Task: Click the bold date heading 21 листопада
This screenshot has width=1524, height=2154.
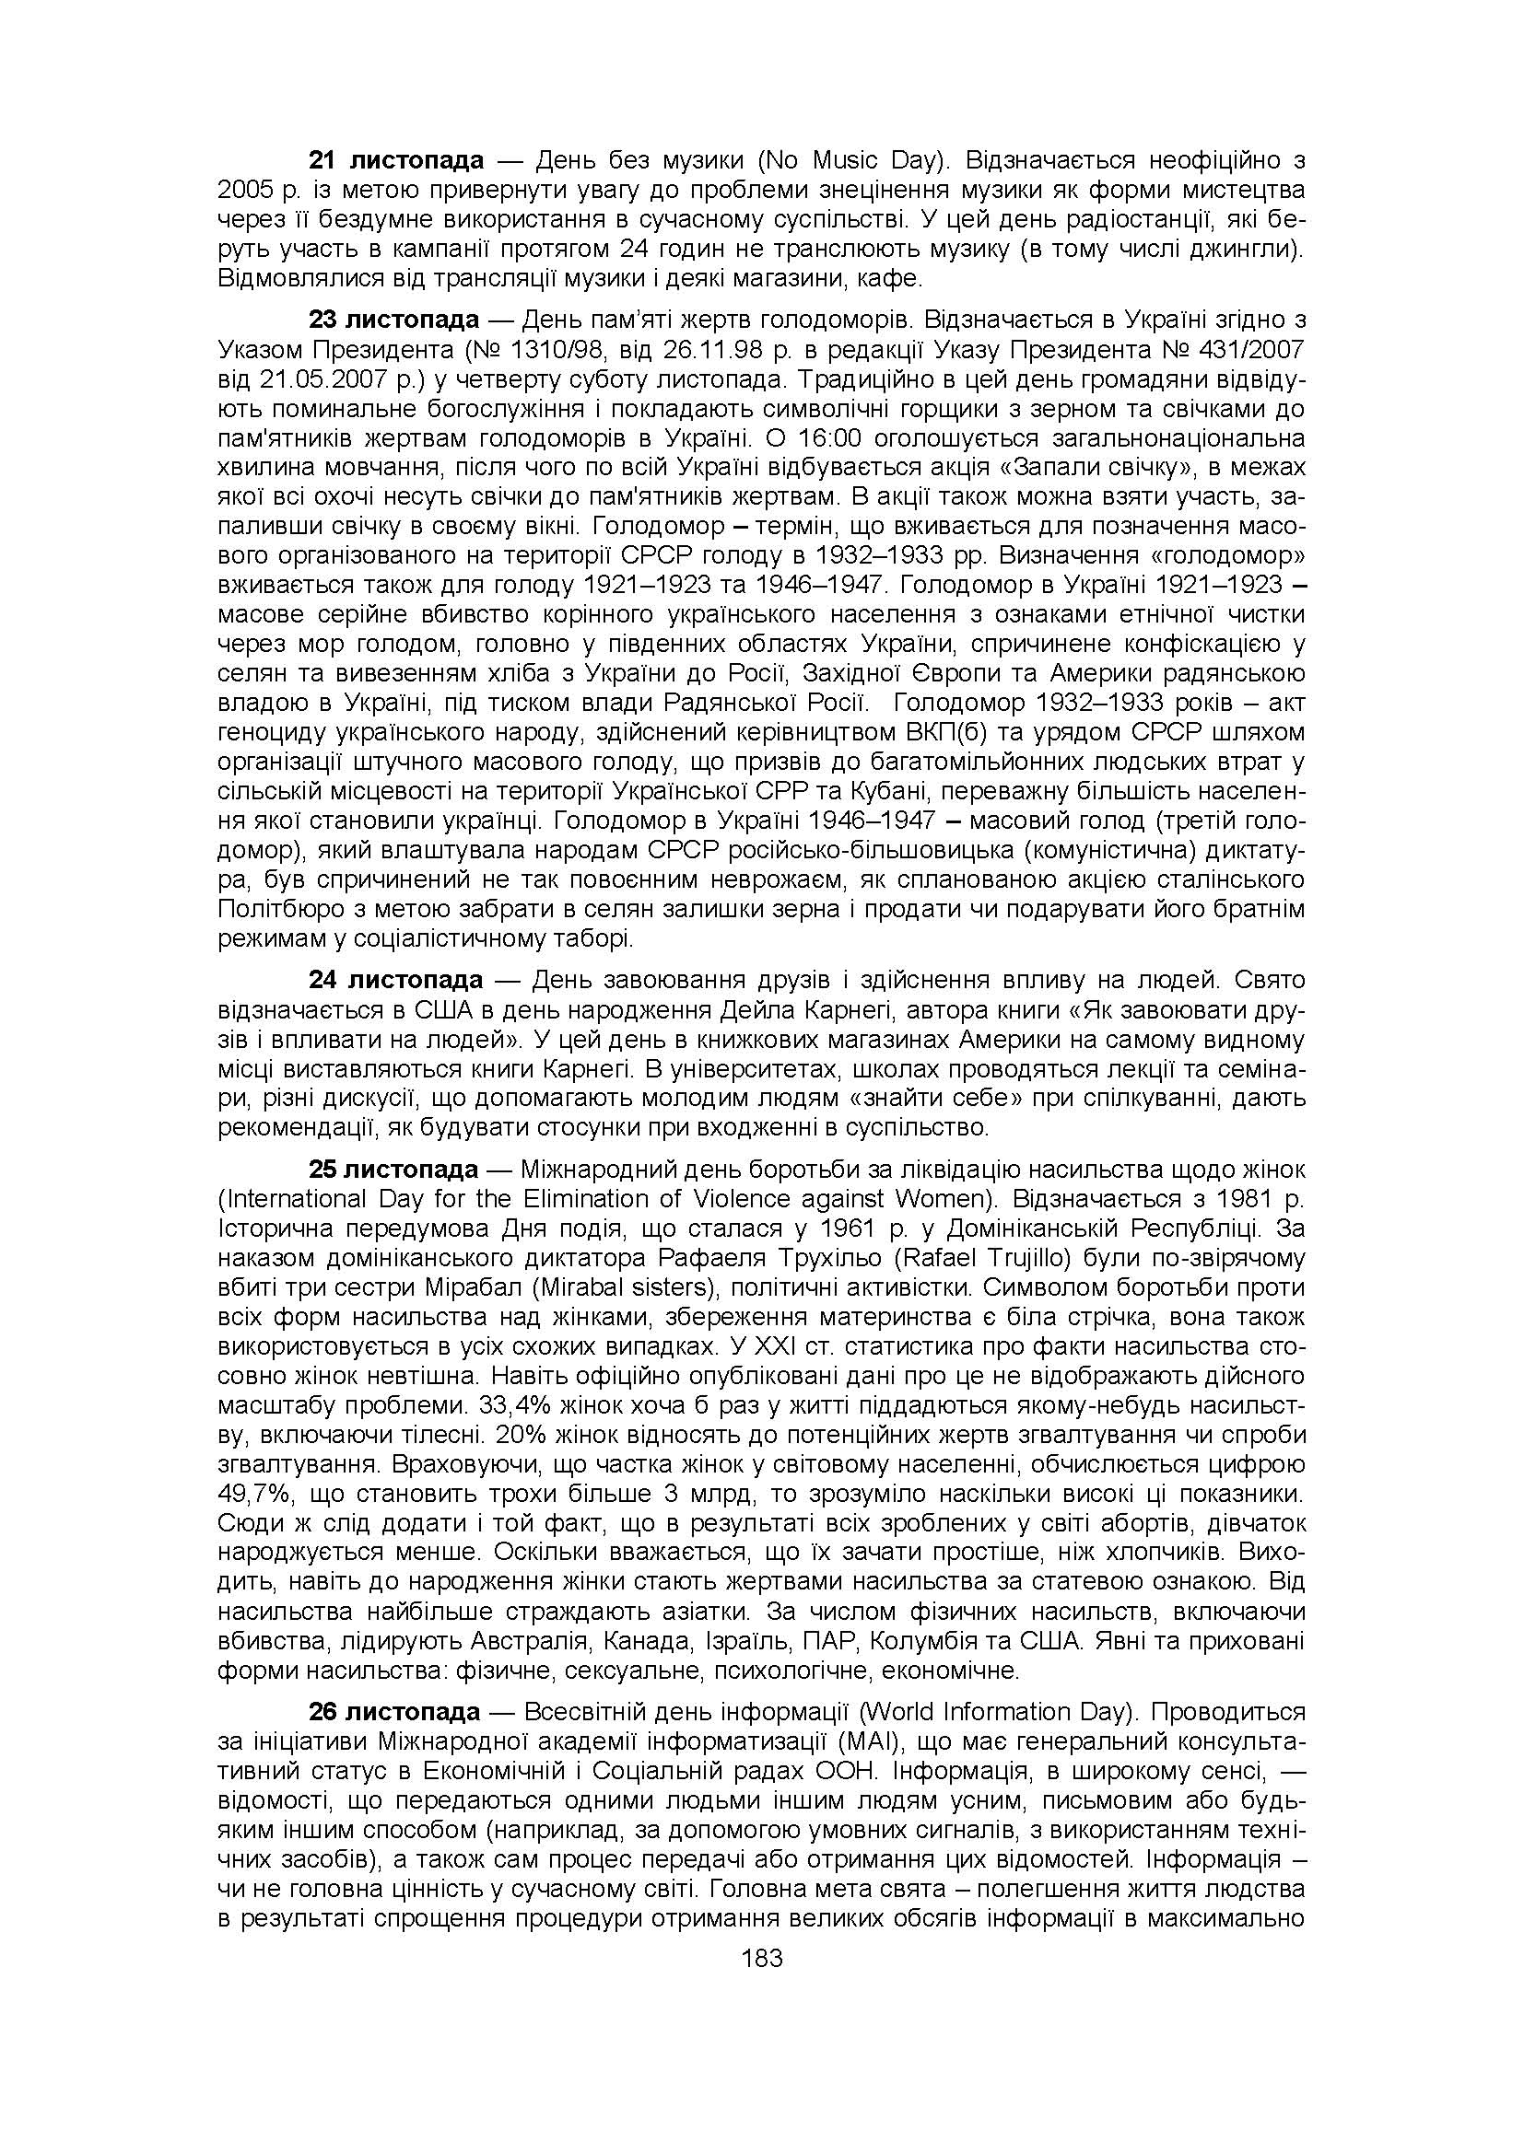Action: tap(396, 160)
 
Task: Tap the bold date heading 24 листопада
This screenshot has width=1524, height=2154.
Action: tap(396, 981)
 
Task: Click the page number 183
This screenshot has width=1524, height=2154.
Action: tap(761, 1958)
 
